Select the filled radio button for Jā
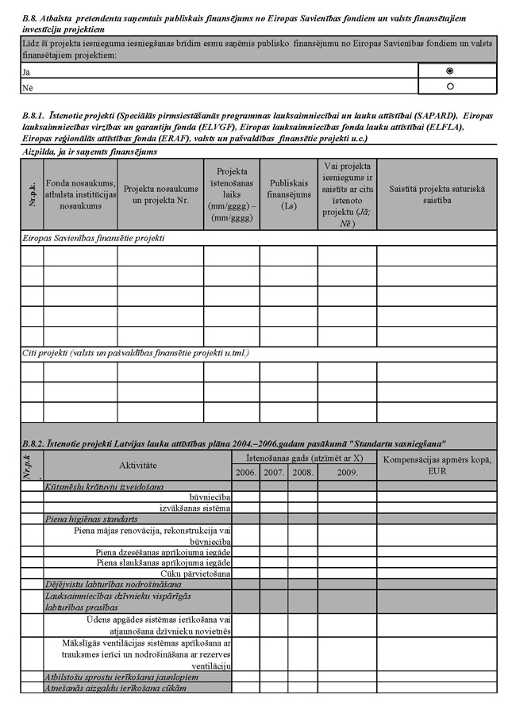pos(451,71)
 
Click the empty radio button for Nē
pos(451,86)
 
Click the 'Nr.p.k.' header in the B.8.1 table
pos(32,194)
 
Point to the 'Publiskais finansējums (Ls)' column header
pos(288,194)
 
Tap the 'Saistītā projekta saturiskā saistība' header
pos(437,194)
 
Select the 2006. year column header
pos(246,472)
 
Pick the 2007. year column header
pos(274,472)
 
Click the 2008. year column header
pos(302,472)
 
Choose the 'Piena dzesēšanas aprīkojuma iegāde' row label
pos(163,552)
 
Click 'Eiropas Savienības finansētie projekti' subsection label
pos(98,237)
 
